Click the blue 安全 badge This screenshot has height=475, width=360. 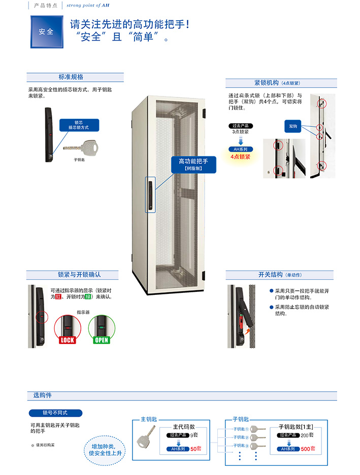pyautogui.click(x=46, y=31)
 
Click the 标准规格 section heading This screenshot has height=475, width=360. pyautogui.click(x=71, y=77)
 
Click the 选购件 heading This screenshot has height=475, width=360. pyautogui.click(x=43, y=395)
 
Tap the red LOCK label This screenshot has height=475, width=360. pyautogui.click(x=68, y=340)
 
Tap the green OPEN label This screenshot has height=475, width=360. pyautogui.click(x=102, y=340)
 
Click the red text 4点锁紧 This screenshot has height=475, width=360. pyautogui.click(x=241, y=157)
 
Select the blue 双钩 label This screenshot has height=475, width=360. pyautogui.click(x=293, y=126)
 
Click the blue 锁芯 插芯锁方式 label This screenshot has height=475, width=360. pyautogui.click(x=78, y=125)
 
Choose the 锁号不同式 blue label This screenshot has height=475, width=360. pyautogui.click(x=55, y=413)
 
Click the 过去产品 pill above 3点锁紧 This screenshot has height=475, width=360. pyautogui.click(x=240, y=126)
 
